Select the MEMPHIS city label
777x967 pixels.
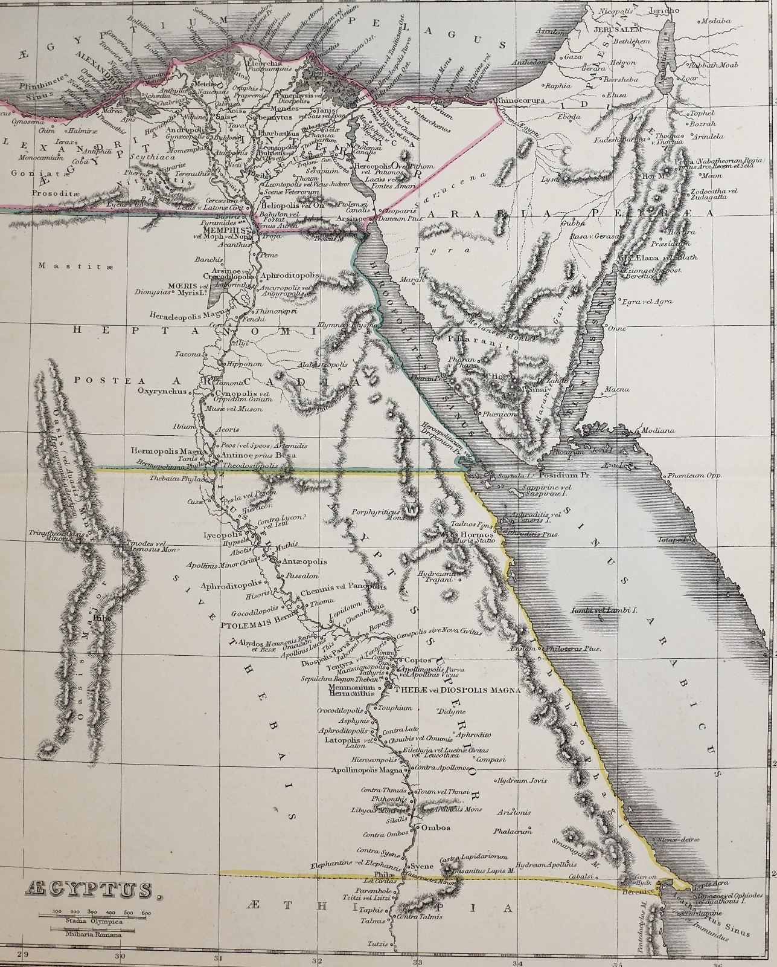pyautogui.click(x=226, y=231)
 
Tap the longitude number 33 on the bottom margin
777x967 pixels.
pyautogui.click(x=416, y=955)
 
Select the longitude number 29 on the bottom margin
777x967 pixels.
pyautogui.click(x=23, y=955)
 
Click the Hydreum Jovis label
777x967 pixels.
pyautogui.click(x=523, y=780)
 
